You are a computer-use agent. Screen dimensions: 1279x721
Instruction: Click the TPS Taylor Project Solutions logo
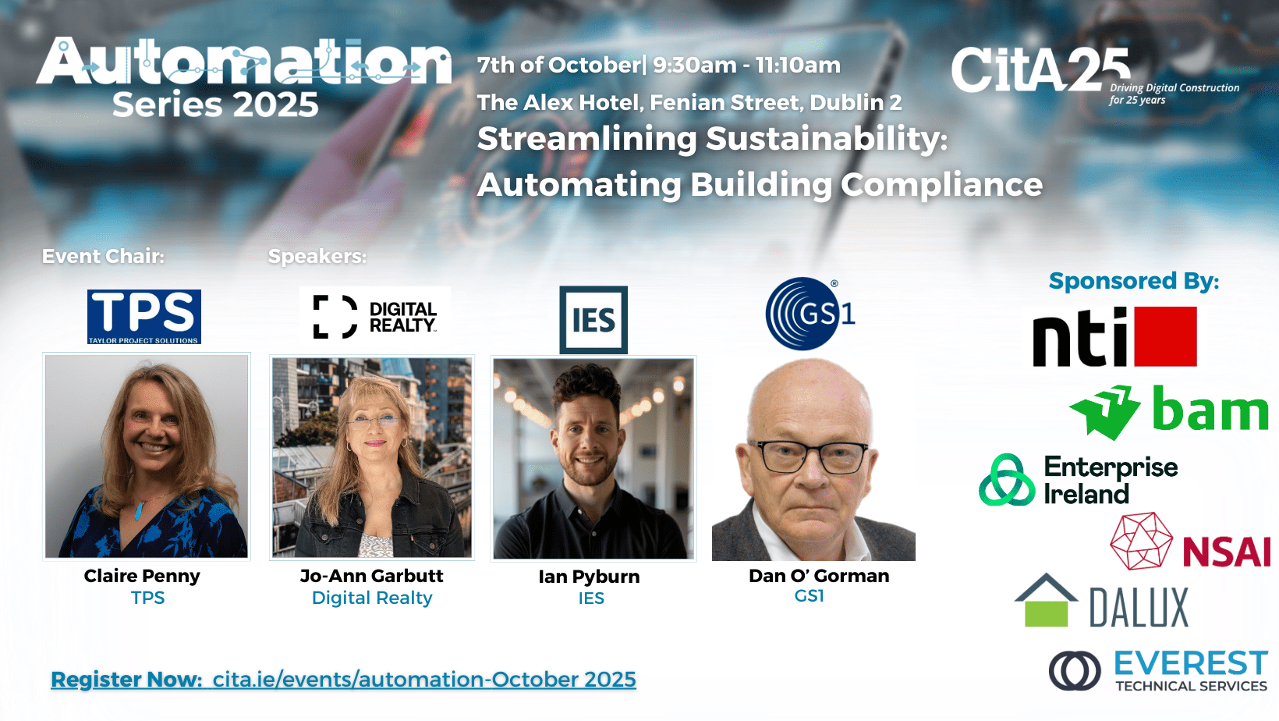pyautogui.click(x=143, y=317)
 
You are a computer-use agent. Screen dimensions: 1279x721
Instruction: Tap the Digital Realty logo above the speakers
pyautogui.click(x=375, y=317)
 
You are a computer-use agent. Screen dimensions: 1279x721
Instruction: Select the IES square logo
pyautogui.click(x=593, y=320)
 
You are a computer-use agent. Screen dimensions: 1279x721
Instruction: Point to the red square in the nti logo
pyautogui.click(x=1165, y=336)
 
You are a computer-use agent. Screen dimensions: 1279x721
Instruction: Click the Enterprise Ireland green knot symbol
pyautogui.click(x=1008, y=480)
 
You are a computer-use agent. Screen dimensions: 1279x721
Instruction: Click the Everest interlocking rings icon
pyautogui.click(x=1075, y=670)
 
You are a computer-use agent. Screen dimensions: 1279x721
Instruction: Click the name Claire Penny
pyautogui.click(x=142, y=575)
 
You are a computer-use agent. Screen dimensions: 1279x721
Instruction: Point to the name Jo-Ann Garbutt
pyautogui.click(x=372, y=575)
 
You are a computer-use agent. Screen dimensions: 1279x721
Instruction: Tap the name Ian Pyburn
pyautogui.click(x=590, y=577)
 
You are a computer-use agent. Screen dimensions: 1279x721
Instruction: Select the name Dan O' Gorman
pyautogui.click(x=819, y=575)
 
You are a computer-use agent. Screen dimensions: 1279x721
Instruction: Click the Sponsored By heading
pyautogui.click(x=1134, y=281)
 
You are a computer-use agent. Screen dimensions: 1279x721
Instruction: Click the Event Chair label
pyautogui.click(x=104, y=256)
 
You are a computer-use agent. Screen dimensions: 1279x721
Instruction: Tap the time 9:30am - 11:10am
pyautogui.click(x=747, y=65)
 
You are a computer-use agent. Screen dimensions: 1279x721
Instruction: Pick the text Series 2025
pyautogui.click(x=215, y=105)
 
